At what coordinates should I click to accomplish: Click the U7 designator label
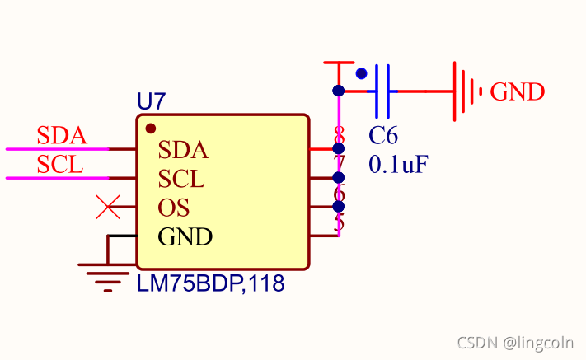(x=151, y=102)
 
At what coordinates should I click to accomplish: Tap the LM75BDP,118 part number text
(x=210, y=285)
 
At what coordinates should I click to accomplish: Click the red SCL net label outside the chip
(x=60, y=165)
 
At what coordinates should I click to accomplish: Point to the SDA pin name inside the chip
(x=183, y=151)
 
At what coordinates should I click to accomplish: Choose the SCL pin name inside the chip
(x=181, y=179)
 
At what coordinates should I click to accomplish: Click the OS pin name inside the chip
(x=173, y=208)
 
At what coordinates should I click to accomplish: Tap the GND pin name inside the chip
(x=185, y=237)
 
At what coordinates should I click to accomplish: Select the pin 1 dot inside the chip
(x=150, y=129)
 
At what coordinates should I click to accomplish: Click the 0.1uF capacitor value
(x=398, y=164)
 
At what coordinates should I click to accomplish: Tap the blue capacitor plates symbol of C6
(x=382, y=90)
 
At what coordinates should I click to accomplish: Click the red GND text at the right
(x=518, y=91)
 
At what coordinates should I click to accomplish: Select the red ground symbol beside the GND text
(x=466, y=91)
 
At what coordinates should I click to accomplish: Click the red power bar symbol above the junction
(x=338, y=63)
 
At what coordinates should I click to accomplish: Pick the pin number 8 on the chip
(x=339, y=134)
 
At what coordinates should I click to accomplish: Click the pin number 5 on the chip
(x=339, y=222)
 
